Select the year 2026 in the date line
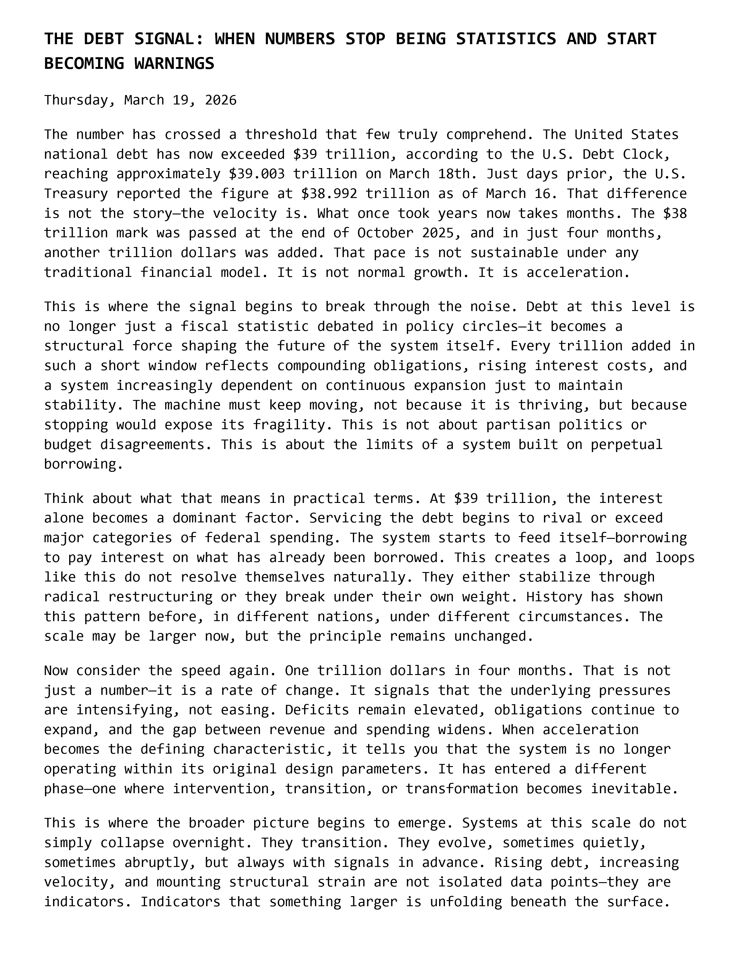[221, 100]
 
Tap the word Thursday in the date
[76, 100]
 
